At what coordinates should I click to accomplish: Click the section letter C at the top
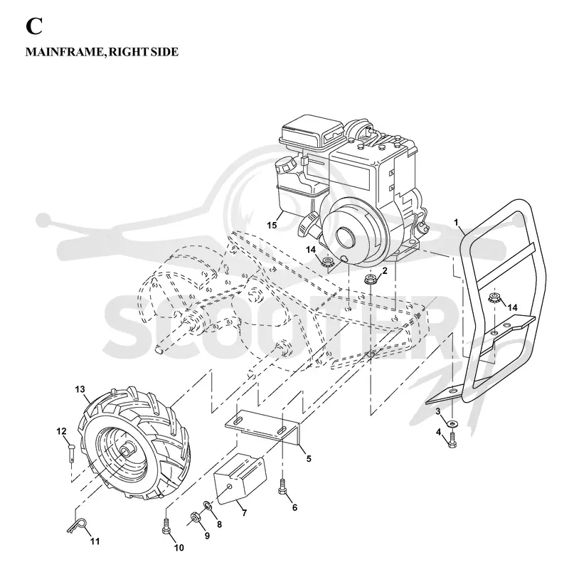[33, 26]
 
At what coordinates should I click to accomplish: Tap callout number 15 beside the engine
[272, 225]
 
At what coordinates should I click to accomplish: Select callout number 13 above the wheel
[80, 389]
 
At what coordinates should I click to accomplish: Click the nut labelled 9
[195, 517]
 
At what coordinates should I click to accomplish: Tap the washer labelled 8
[207, 505]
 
